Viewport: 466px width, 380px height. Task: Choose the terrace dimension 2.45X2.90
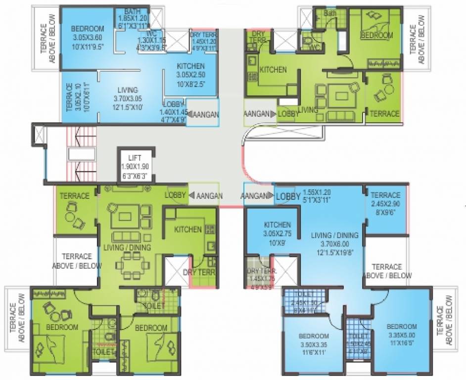click(386, 203)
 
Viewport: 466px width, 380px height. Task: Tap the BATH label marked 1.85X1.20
click(132, 11)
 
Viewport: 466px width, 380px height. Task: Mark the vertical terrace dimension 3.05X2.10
click(75, 97)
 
